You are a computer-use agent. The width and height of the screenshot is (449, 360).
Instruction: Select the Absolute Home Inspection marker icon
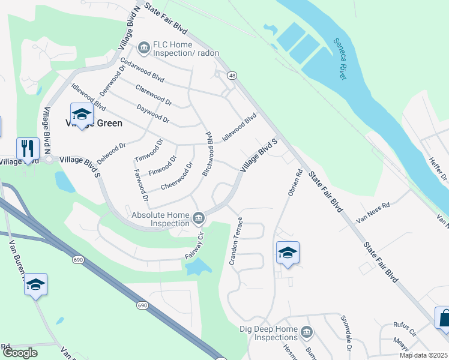click(199, 216)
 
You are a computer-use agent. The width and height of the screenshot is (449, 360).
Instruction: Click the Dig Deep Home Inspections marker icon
click(307, 332)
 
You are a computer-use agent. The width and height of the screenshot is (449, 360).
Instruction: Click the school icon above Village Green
click(82, 113)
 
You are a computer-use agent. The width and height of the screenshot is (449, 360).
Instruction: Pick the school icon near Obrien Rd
click(288, 252)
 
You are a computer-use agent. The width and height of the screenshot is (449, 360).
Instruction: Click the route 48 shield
click(232, 75)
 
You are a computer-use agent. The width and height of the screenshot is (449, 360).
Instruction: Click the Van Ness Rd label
click(373, 208)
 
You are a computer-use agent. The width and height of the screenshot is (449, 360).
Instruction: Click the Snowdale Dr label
click(345, 334)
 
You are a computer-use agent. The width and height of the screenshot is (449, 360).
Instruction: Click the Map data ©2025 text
click(424, 355)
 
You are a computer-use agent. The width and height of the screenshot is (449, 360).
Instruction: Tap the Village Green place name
click(94, 123)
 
